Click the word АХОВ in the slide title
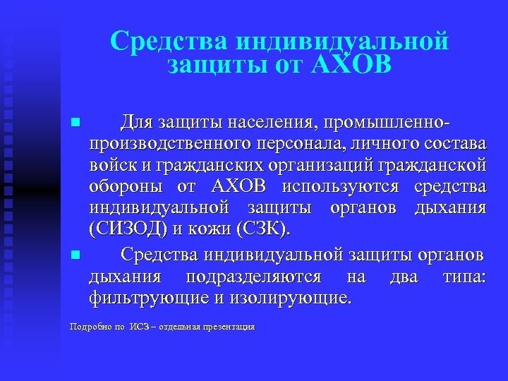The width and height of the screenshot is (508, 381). [x=350, y=66]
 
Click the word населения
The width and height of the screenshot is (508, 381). [x=269, y=123]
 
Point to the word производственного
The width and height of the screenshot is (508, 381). [x=170, y=145]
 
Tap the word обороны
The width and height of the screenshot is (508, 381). [x=123, y=188]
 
